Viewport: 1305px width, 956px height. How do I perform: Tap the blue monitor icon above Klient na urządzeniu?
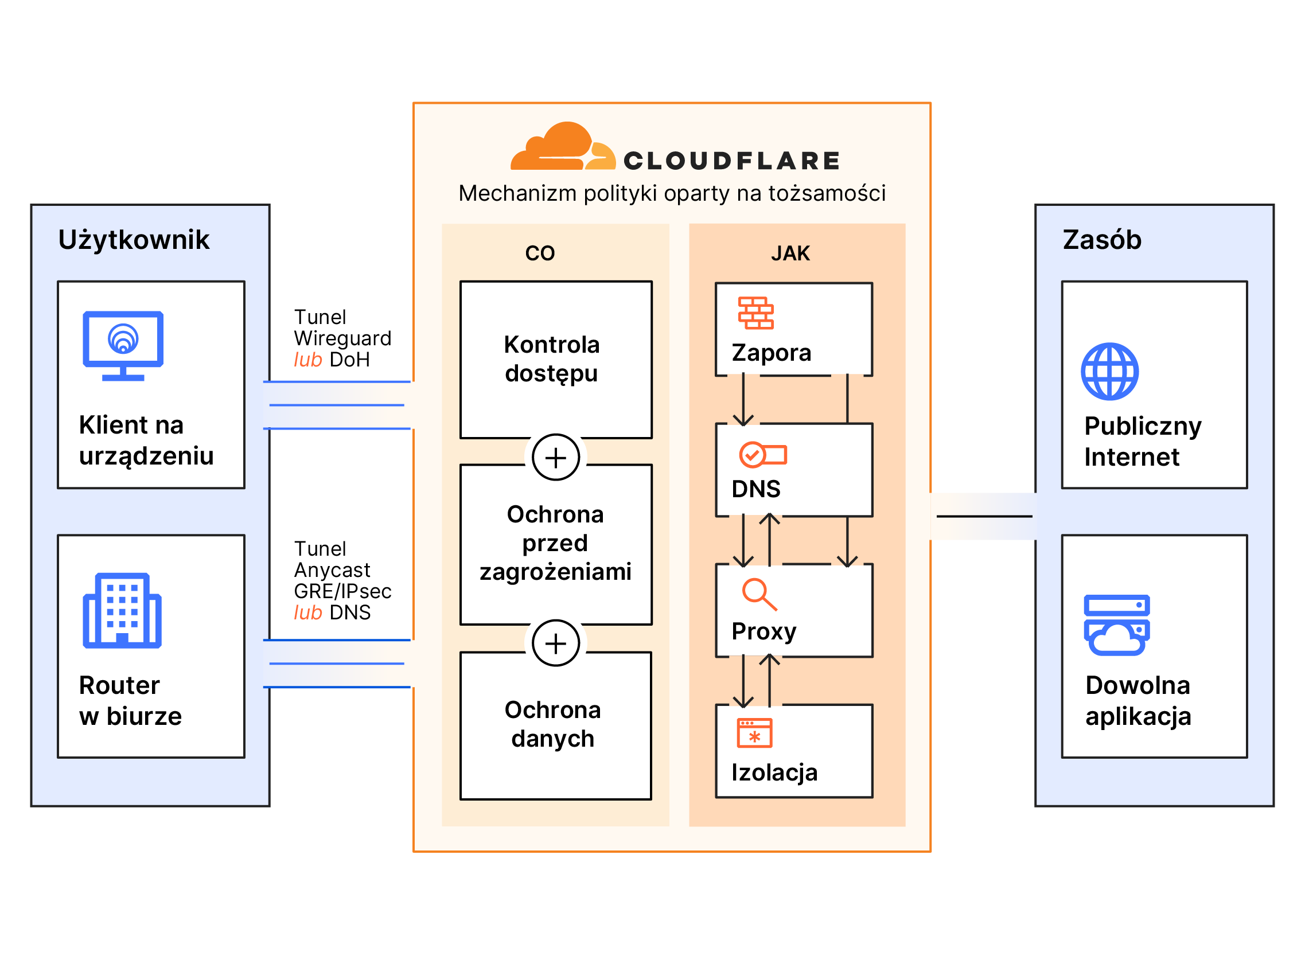[x=123, y=345]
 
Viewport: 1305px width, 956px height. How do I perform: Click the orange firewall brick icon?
[x=755, y=313]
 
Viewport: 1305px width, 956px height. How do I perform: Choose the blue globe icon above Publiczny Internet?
[x=1109, y=372]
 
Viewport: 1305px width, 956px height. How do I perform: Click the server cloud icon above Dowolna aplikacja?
[x=1116, y=625]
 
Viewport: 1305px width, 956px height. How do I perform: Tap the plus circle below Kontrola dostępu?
[x=556, y=458]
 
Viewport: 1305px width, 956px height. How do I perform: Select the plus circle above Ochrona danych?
[x=556, y=643]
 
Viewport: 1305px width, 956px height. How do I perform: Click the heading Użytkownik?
[x=134, y=240]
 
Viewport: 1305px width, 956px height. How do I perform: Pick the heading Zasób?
[x=1102, y=240]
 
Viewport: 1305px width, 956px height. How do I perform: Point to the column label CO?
[x=539, y=253]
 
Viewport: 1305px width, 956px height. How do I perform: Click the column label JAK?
[x=790, y=253]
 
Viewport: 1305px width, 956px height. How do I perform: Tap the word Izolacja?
[x=774, y=772]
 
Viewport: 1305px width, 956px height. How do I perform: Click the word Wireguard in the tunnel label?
[x=342, y=338]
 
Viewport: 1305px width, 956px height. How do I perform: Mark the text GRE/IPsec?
[x=342, y=591]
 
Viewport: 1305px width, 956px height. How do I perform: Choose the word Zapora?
[x=771, y=353]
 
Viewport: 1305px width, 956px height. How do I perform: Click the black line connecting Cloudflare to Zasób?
[x=984, y=516]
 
